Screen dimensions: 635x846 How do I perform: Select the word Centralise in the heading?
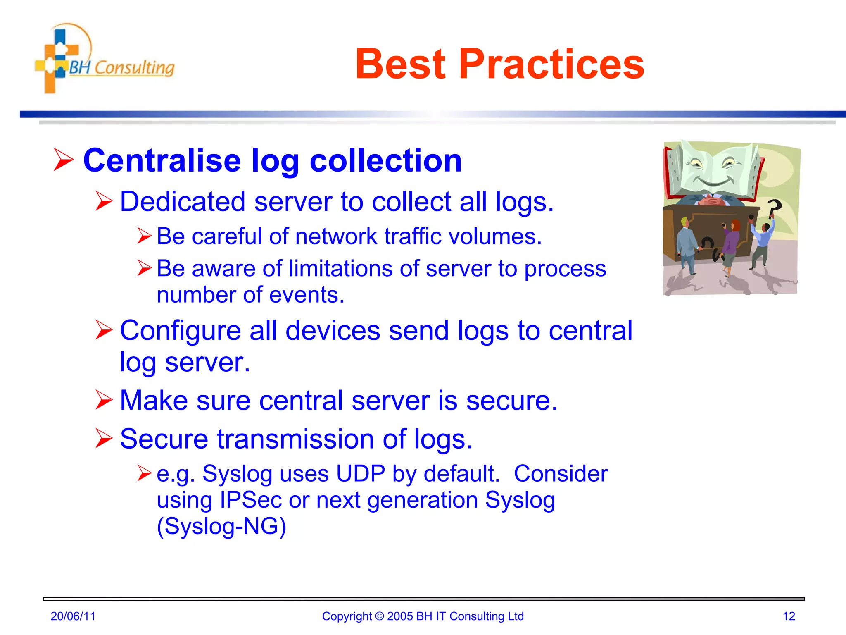(162, 160)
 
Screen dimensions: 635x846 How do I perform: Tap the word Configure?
(180, 331)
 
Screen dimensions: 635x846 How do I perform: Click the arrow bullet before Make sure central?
(103, 400)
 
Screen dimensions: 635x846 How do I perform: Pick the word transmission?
(295, 439)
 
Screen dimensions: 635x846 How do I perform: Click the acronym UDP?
(361, 474)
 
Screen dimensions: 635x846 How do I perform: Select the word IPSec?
(251, 500)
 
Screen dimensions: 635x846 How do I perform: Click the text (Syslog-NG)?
(221, 527)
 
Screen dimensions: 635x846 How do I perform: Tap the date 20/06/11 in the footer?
(73, 616)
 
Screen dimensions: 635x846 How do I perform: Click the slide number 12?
(789, 616)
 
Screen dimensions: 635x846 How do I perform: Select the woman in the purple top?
(731, 244)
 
